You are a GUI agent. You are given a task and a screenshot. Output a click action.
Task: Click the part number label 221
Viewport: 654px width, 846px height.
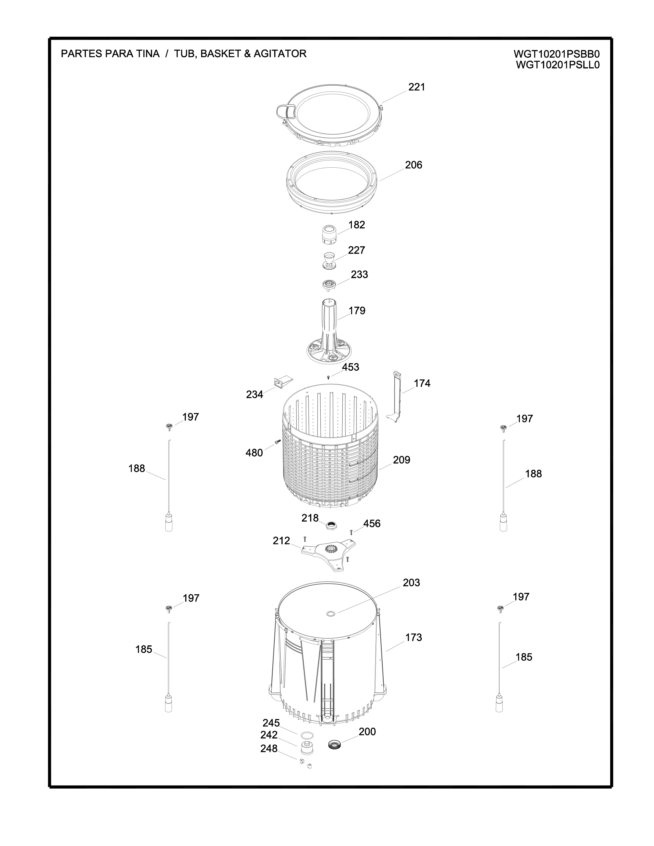(x=417, y=87)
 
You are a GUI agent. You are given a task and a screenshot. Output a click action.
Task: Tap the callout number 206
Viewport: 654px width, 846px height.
(x=413, y=165)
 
